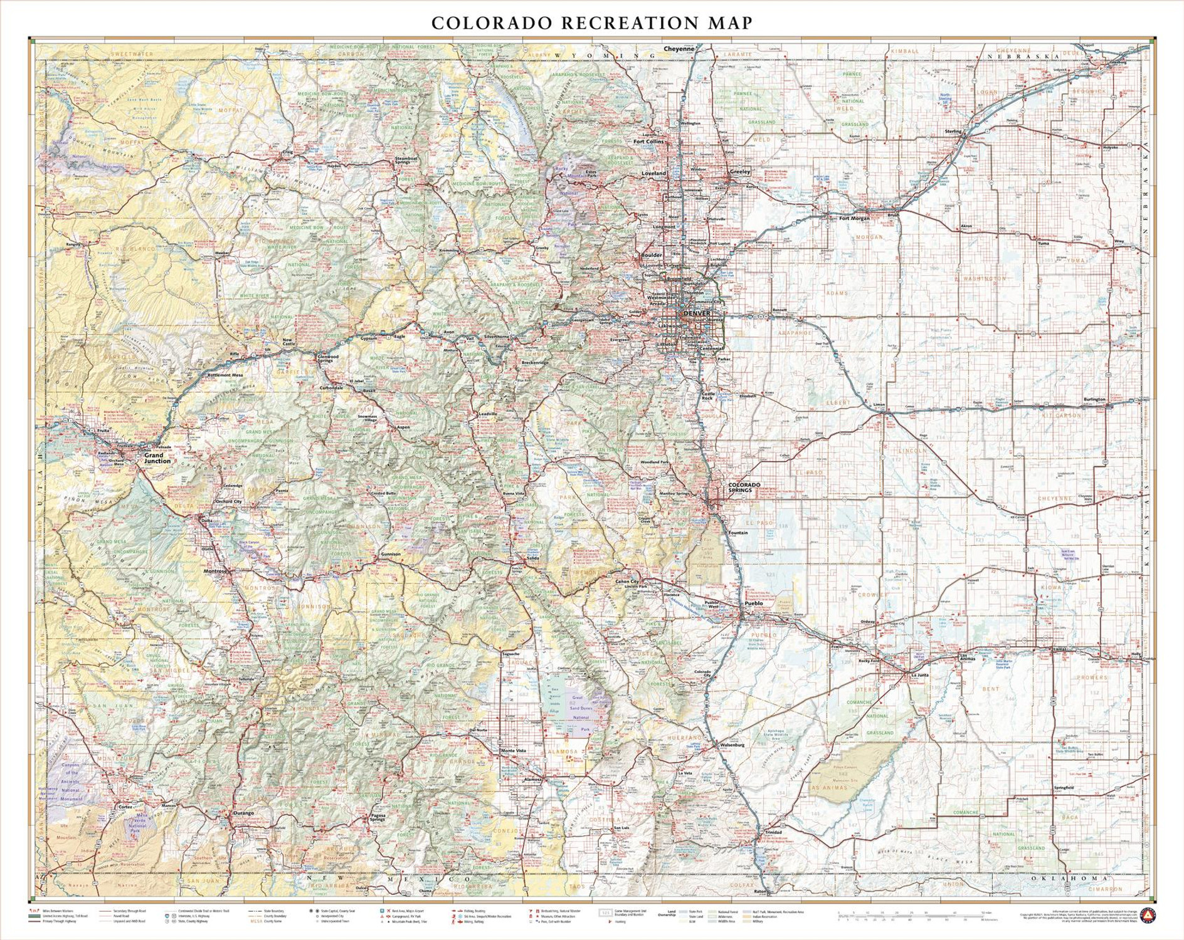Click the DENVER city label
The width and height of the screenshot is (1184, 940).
click(x=697, y=313)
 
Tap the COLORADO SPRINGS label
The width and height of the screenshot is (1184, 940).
click(x=744, y=487)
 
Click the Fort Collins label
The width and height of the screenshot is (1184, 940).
click(x=648, y=142)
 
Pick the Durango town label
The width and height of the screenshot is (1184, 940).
click(x=243, y=813)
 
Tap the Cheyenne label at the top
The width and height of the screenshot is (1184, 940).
click(x=679, y=48)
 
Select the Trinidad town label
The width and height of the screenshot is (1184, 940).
click(x=773, y=832)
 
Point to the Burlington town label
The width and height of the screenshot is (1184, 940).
click(x=1094, y=399)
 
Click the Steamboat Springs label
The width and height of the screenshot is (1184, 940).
click(x=406, y=161)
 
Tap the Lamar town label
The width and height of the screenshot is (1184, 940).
click(x=1060, y=649)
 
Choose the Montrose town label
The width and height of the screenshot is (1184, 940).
click(x=214, y=571)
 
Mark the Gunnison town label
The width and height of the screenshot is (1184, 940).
click(x=390, y=554)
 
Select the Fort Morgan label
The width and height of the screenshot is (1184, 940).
click(x=854, y=218)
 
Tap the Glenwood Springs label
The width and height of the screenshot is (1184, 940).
click(x=328, y=358)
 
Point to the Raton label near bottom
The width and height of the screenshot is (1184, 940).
click(x=760, y=891)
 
